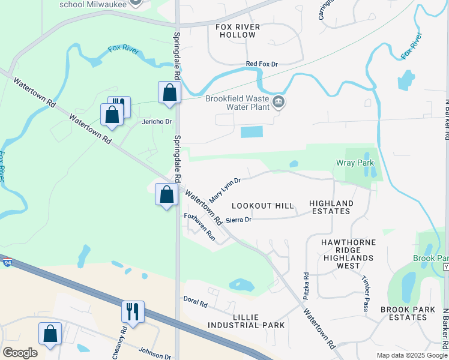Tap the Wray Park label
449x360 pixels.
click(x=355, y=163)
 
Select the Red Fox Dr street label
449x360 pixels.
click(x=262, y=64)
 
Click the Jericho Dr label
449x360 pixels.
click(x=157, y=121)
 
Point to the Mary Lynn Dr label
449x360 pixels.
click(x=224, y=190)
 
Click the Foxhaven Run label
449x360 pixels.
click(x=199, y=227)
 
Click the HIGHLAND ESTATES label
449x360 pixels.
click(x=331, y=208)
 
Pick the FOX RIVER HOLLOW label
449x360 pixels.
click(x=238, y=31)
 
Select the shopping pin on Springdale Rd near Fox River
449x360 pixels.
click(x=169, y=92)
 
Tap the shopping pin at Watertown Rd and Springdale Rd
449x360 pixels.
click(x=166, y=194)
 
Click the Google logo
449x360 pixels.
click(x=20, y=353)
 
